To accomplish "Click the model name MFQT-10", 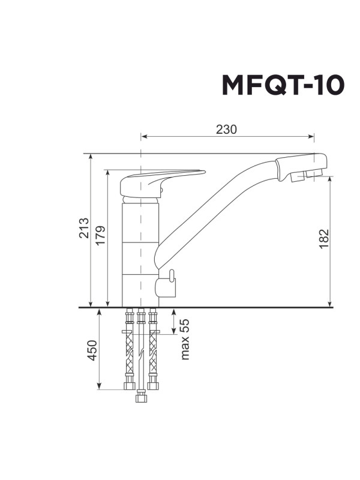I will (x=283, y=86).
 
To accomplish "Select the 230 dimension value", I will (x=227, y=130).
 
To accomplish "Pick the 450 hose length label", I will (x=92, y=350).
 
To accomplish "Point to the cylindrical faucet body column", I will (x=140, y=252).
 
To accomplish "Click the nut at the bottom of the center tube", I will (x=141, y=397).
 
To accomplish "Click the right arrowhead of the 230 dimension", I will (x=311, y=137).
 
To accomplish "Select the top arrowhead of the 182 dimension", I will (x=331, y=181).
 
